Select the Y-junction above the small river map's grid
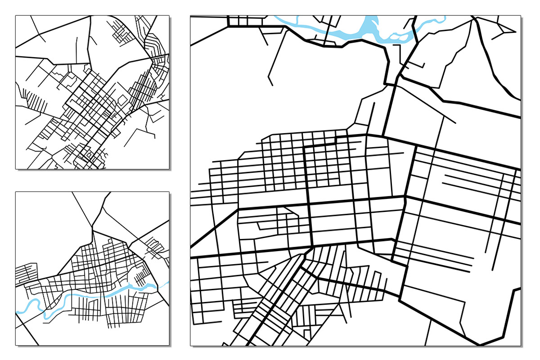tap(94, 227)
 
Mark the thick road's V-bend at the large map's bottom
tap(481, 344)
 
